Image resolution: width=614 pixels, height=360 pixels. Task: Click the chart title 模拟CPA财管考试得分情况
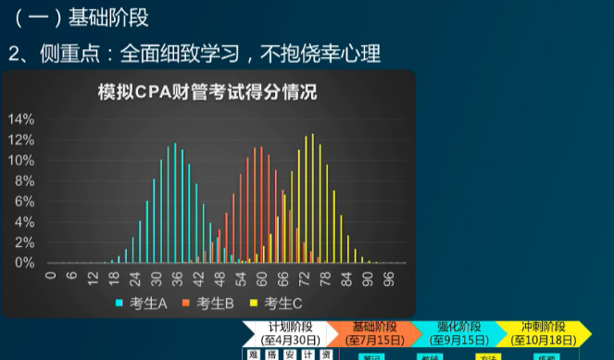coord(207,93)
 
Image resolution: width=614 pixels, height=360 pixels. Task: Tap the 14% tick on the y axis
coord(21,119)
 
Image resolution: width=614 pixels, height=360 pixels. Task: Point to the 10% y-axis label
coord(21,160)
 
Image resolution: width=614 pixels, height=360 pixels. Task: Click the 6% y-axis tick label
coord(24,202)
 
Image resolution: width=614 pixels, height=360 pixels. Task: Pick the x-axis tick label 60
coord(262,277)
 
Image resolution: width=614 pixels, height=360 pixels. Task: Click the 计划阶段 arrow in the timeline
coord(288,333)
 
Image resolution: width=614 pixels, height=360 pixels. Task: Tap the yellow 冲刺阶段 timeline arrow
coord(542,333)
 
